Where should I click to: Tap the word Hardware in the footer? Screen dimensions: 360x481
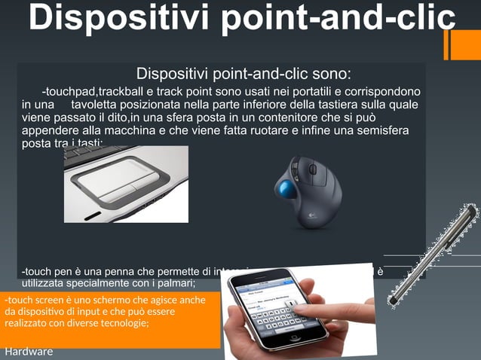click(x=29, y=352)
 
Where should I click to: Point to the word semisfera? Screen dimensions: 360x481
click(x=382, y=130)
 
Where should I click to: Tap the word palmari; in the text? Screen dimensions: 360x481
click(x=172, y=283)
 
